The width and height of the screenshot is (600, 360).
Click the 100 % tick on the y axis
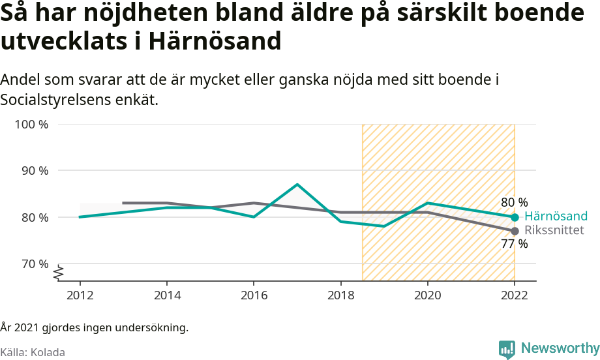tap(31, 124)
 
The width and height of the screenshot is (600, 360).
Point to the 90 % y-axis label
tap(34, 170)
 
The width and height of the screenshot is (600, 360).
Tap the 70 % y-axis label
tap(34, 263)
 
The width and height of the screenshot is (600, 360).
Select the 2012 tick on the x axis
tap(80, 294)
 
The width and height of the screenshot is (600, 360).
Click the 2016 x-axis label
tap(254, 294)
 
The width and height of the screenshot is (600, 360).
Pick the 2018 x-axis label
tap(340, 294)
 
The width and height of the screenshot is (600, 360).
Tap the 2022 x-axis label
tap(515, 294)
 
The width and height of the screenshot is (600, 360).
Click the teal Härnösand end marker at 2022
tap(515, 217)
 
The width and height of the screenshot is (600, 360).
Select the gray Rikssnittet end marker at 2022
tap(515, 231)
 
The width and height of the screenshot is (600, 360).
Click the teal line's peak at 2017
tap(297, 185)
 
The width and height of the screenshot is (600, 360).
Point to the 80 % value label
tap(514, 202)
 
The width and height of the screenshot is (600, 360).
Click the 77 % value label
tap(514, 244)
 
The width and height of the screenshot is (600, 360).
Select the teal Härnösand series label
tap(556, 217)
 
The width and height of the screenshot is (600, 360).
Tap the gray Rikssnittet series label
tap(554, 230)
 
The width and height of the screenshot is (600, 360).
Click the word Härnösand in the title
tap(215, 41)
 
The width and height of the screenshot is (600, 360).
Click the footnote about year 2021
tap(95, 327)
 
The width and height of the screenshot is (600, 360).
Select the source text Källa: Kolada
tap(33, 352)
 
